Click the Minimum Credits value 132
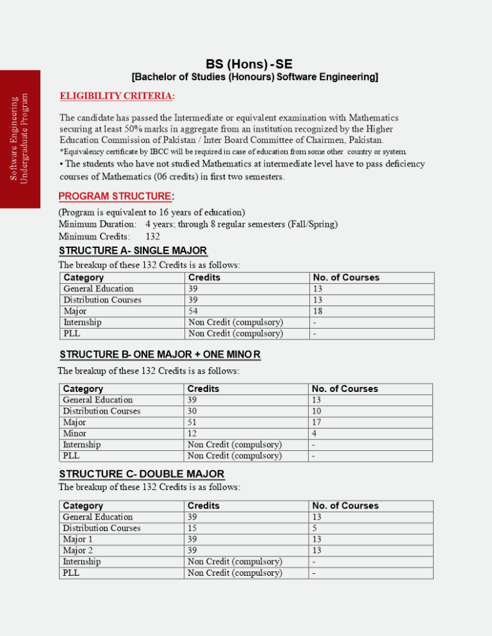point(152,236)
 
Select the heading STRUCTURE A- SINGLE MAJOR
point(133,250)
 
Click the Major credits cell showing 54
point(193,311)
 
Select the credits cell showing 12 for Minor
point(192,434)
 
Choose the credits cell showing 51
point(192,423)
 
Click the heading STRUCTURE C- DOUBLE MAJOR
point(141,474)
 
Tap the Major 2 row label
point(77,550)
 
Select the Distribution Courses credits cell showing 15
point(192,528)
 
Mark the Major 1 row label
point(77,539)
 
